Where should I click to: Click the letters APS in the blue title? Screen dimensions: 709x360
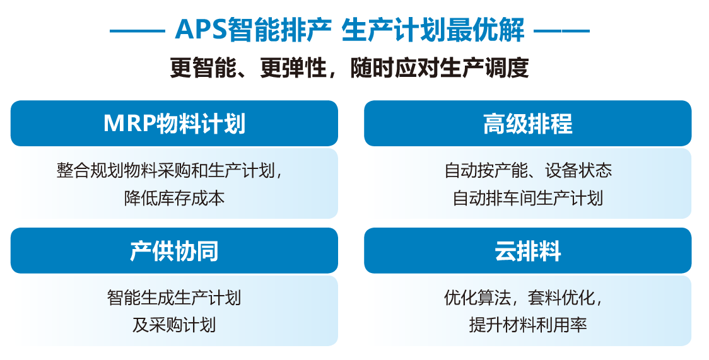click(201, 30)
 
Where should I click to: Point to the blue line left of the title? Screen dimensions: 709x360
click(137, 31)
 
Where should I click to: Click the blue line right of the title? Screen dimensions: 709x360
click(562, 31)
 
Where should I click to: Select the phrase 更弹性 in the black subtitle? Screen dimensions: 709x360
click(293, 68)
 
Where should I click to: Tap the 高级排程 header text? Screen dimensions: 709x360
click(528, 124)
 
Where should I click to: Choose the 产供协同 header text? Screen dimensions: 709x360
click(174, 251)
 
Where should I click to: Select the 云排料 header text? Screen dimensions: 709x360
click(528, 251)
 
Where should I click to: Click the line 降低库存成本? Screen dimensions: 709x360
click(174, 198)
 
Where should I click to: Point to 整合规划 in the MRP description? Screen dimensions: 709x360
click(90, 170)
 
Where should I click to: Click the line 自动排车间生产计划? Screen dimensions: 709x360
click(528, 198)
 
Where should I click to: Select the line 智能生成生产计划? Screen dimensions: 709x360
click(174, 298)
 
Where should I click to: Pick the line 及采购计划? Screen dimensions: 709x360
click(174, 325)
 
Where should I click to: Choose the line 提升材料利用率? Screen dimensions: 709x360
click(528, 325)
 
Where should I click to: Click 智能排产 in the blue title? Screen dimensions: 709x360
click(279, 30)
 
